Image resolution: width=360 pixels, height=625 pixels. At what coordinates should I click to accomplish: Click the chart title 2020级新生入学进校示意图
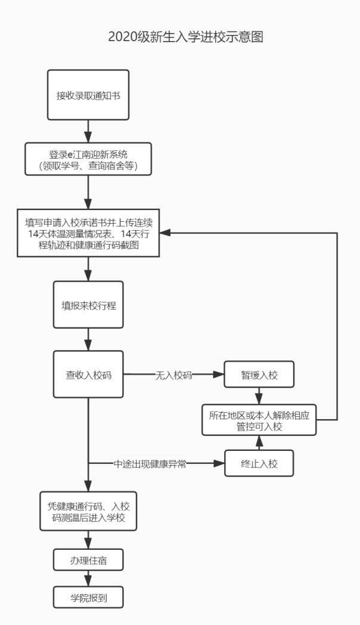click(185, 37)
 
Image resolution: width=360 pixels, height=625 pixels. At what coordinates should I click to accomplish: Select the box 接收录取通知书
click(88, 95)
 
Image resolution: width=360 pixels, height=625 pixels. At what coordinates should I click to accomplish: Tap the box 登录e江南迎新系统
click(88, 158)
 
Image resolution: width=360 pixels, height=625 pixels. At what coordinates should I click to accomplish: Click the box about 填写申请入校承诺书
click(88, 233)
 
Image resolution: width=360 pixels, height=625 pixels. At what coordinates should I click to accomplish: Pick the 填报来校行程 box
click(88, 304)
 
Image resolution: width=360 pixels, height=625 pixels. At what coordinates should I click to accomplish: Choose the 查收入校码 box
click(88, 375)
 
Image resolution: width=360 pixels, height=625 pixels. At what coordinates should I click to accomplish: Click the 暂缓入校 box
click(259, 375)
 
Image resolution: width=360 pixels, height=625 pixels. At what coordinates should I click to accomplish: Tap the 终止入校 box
click(259, 462)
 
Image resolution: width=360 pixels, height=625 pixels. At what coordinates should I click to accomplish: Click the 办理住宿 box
click(88, 561)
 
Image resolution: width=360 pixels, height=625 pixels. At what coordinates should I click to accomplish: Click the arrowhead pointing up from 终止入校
click(259, 440)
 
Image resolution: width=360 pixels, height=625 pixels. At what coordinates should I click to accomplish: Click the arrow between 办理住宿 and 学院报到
click(88, 578)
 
